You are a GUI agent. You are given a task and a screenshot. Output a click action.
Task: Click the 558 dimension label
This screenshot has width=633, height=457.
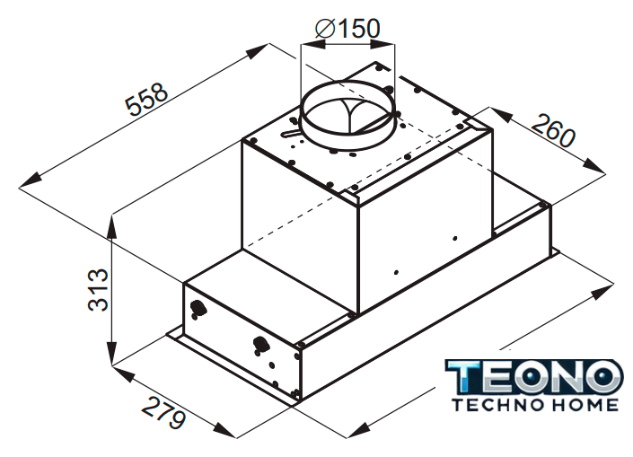point(146,99)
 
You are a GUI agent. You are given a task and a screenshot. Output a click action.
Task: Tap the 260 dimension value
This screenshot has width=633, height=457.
point(553,130)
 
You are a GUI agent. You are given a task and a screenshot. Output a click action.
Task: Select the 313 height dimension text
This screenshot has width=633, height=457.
point(98,289)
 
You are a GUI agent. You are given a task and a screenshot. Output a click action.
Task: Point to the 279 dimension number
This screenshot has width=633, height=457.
point(163,412)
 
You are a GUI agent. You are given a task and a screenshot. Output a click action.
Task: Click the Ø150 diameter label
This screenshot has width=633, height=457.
point(347,29)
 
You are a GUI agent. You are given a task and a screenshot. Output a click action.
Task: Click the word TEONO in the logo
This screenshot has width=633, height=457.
point(532,376)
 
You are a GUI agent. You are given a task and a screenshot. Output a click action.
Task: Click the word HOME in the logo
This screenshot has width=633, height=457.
point(585,405)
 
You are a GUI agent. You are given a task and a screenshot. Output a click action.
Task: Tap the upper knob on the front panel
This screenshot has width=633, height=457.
point(198,308)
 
